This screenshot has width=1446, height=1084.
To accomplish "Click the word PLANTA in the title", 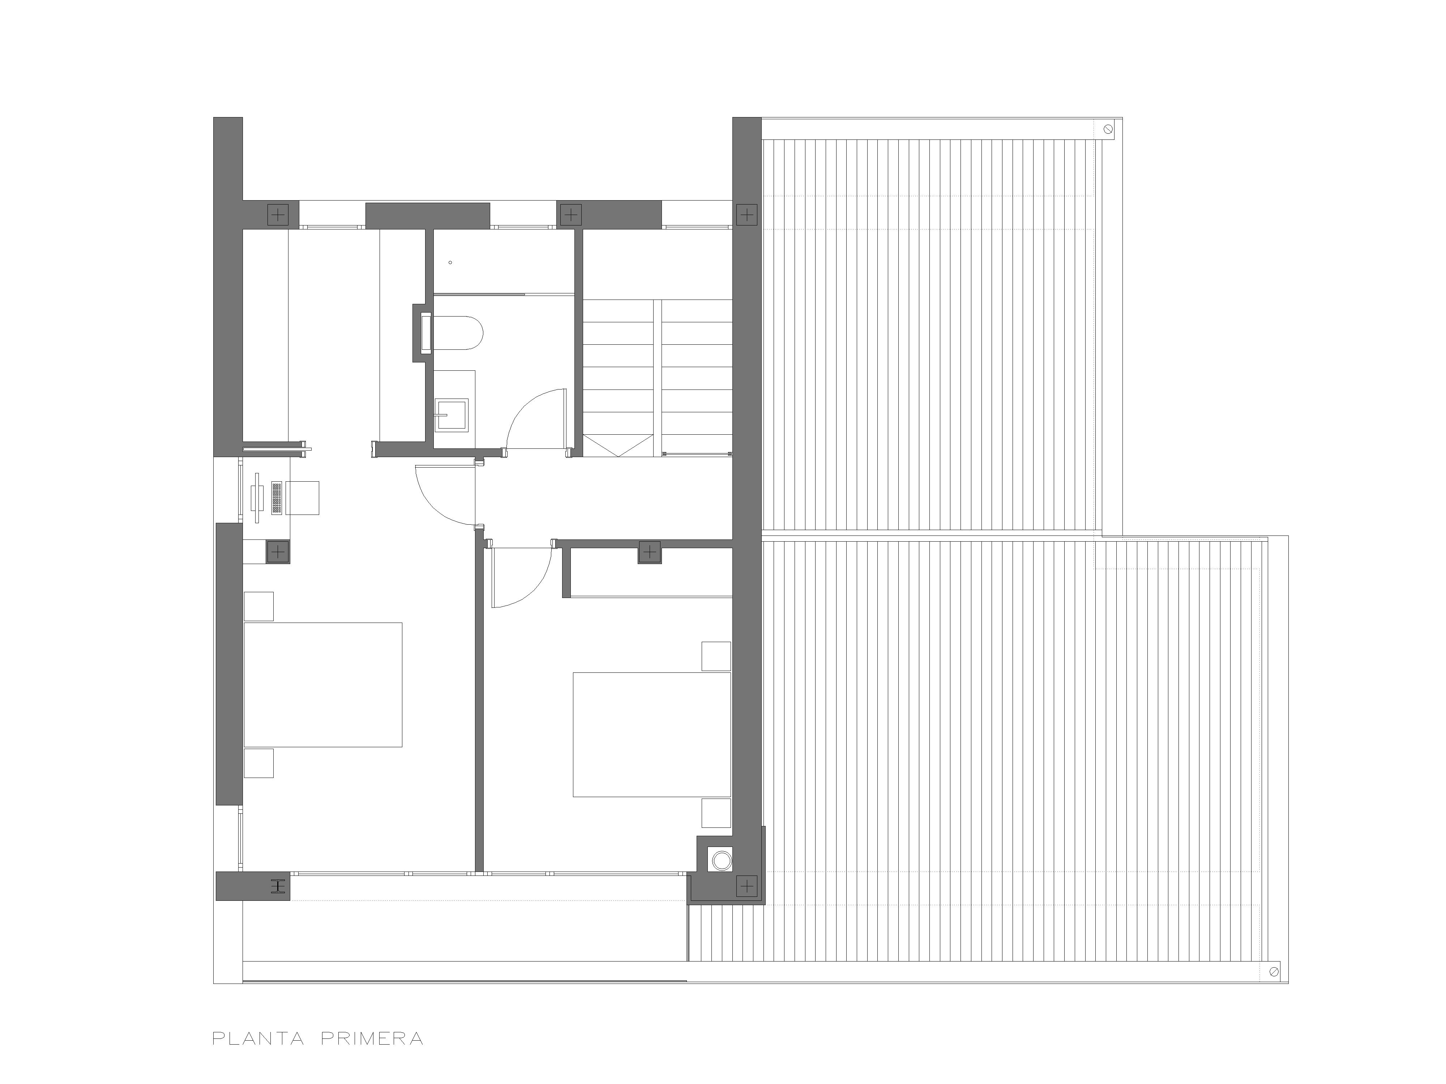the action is point(258,1039).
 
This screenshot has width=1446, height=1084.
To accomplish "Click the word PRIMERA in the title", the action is point(372,1039).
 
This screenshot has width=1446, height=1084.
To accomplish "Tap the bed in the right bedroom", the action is point(652,735).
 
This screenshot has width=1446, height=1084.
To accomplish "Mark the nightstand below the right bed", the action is point(716,813).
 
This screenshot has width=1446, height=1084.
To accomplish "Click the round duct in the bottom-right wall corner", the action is point(722,860).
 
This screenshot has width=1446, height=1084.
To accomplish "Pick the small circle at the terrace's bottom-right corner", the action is point(1274,972).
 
